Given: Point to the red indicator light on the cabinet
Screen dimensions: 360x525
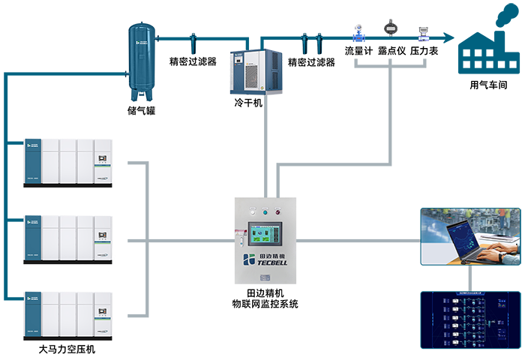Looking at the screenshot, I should (x=278, y=211).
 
